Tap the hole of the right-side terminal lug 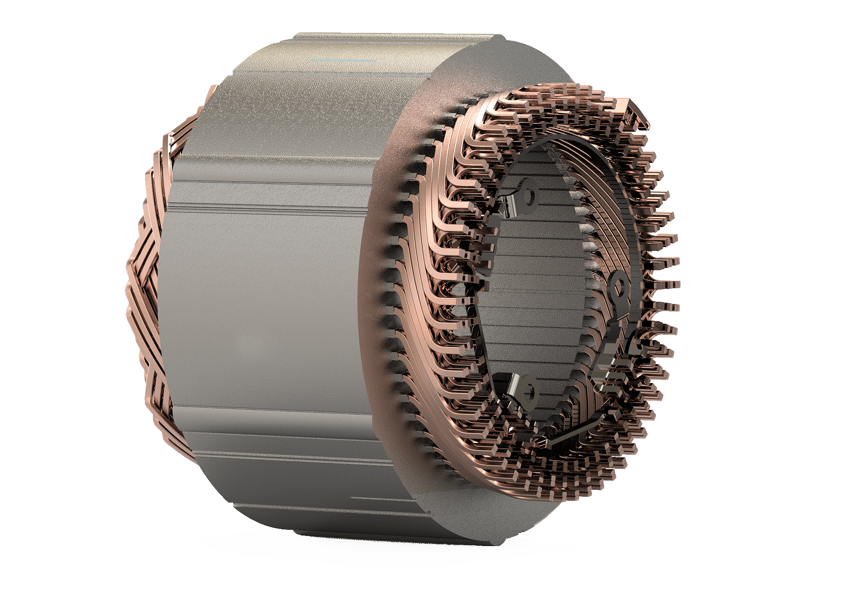pyautogui.click(x=620, y=288)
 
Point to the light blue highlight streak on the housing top pyautogui.click(x=343, y=60)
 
